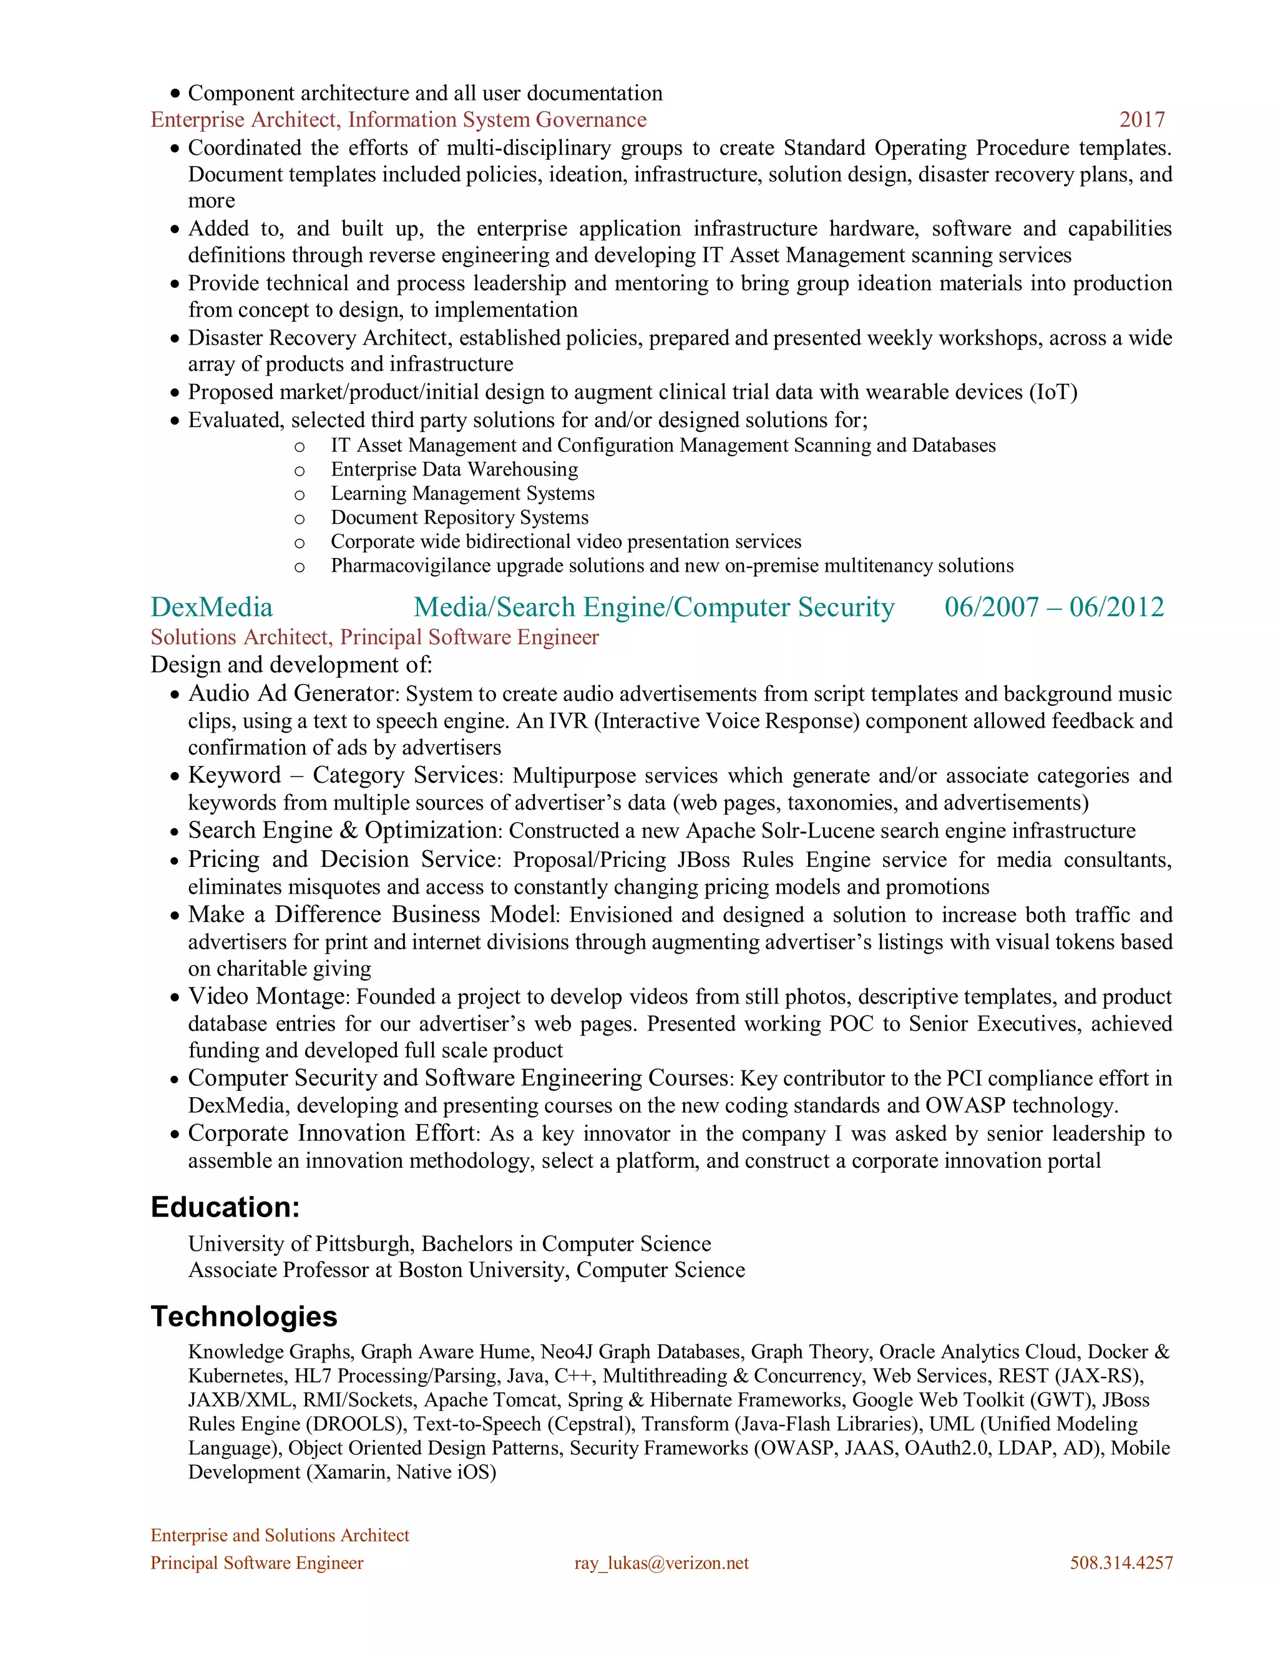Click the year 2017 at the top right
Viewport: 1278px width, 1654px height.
tap(1142, 120)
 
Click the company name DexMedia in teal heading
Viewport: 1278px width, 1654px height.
tap(212, 607)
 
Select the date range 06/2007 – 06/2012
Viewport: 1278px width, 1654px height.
tap(1054, 607)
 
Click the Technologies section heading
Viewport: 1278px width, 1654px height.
tap(244, 1316)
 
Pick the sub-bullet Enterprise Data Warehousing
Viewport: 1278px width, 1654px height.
tap(454, 469)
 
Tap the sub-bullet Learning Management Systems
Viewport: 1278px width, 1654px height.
tap(462, 494)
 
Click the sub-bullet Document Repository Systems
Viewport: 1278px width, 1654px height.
tap(459, 518)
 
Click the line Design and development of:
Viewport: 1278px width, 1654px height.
tap(291, 665)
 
